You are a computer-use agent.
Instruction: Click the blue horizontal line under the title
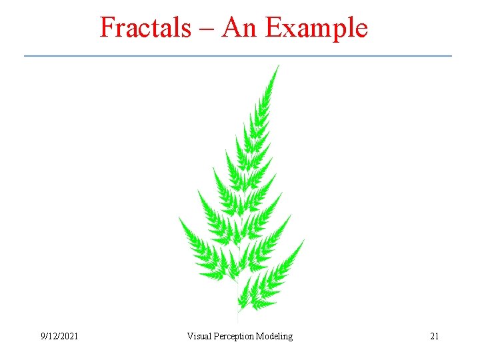pyautogui.click(x=238, y=55)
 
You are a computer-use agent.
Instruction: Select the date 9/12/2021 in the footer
pyautogui.click(x=59, y=337)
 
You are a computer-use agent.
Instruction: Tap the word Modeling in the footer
pyautogui.click(x=275, y=337)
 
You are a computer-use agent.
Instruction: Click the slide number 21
pyautogui.click(x=434, y=337)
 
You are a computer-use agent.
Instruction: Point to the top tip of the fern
pyautogui.click(x=278, y=65)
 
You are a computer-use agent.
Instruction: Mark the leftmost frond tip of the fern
pyautogui.click(x=179, y=219)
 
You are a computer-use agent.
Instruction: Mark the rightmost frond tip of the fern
pyautogui.click(x=304, y=241)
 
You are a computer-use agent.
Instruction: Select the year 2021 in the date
pyautogui.click(x=68, y=337)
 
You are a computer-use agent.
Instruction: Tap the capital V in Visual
pyautogui.click(x=190, y=337)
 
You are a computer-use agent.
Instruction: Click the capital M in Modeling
pyautogui.click(x=260, y=337)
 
